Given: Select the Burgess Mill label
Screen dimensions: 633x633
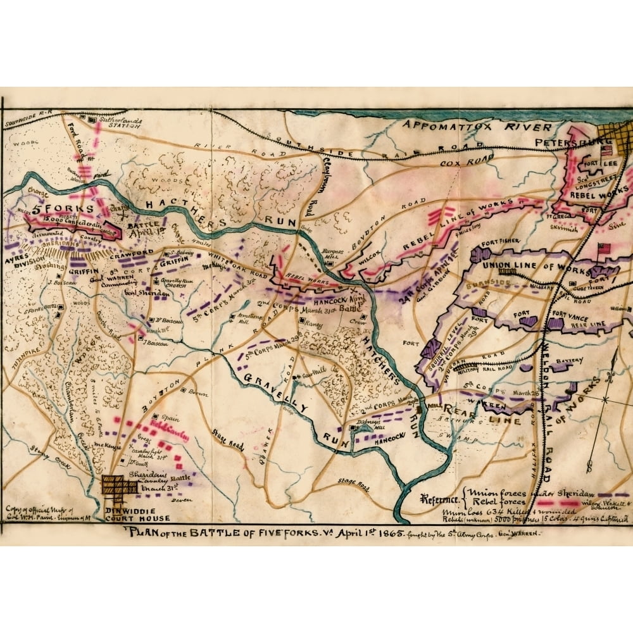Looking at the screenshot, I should pos(334,254).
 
